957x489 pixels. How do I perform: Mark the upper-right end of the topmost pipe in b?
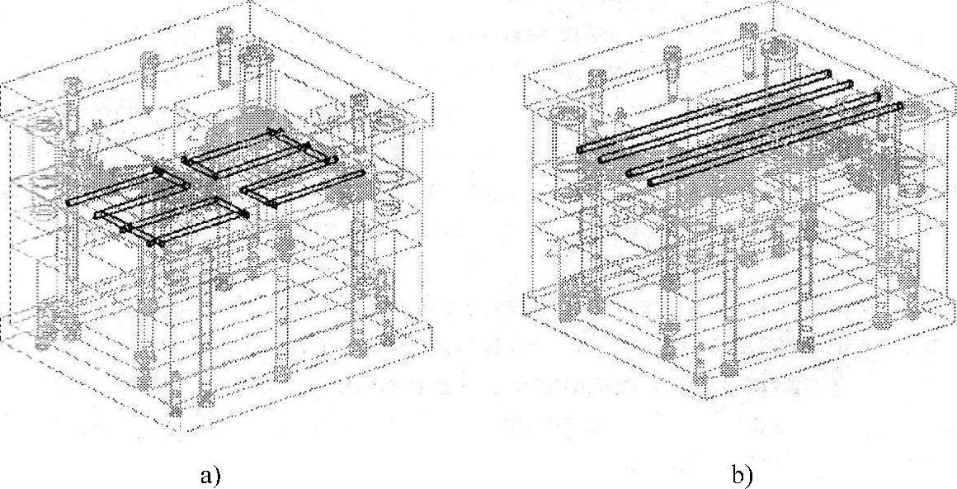pos(827,74)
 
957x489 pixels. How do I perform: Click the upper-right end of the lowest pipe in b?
pos(900,105)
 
